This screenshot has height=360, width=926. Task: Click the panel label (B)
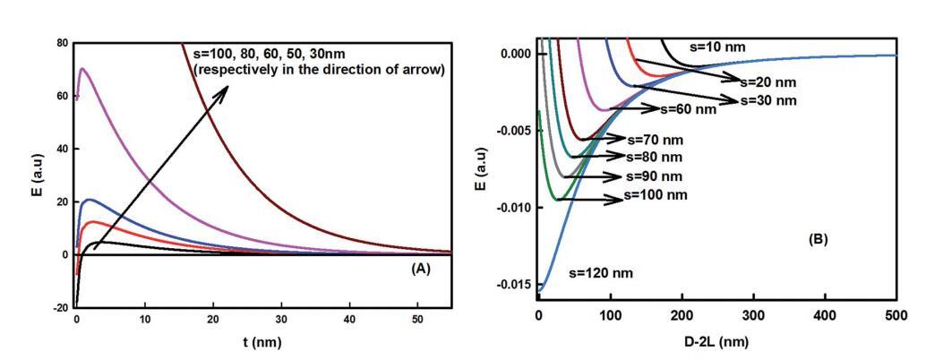click(x=818, y=240)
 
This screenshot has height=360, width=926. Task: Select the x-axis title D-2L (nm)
click(x=717, y=342)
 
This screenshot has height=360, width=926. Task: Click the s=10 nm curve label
click(x=717, y=46)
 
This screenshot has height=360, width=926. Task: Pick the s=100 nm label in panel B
click(x=656, y=195)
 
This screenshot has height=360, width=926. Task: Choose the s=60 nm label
click(x=688, y=110)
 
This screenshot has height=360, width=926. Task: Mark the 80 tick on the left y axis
click(x=62, y=42)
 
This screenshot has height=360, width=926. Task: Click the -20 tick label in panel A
click(x=60, y=307)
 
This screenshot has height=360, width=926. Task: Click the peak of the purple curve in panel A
click(x=82, y=69)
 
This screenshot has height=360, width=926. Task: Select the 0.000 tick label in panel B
click(x=515, y=54)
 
